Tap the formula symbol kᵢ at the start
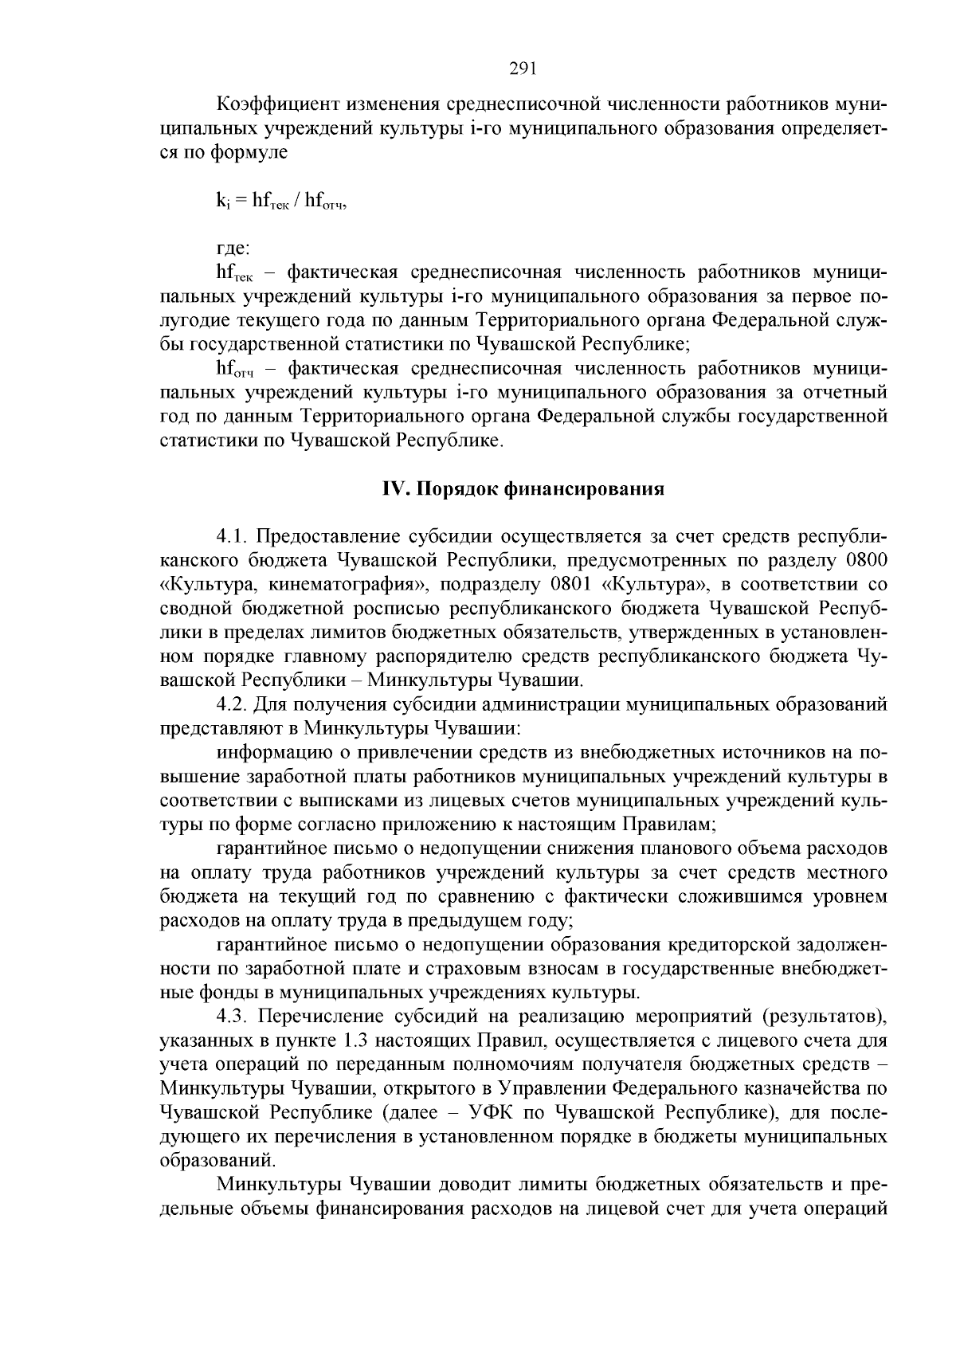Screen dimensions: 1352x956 (222, 201)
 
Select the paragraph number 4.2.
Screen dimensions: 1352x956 (232, 704)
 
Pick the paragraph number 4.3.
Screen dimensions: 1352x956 (232, 1017)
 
